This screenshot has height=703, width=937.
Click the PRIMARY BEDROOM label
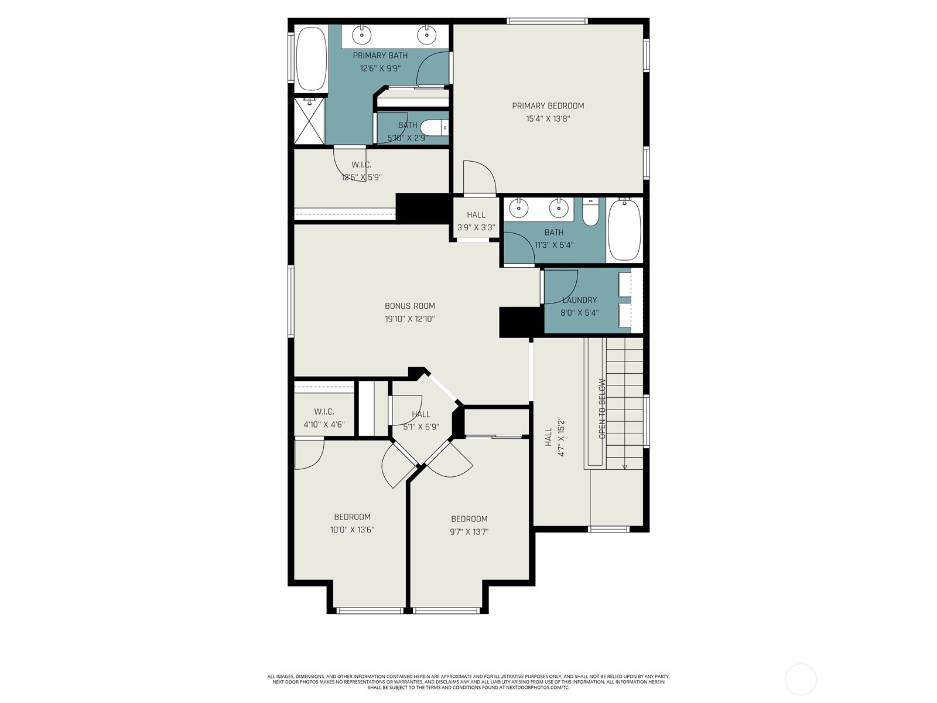(548, 106)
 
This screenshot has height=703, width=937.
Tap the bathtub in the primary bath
(312, 59)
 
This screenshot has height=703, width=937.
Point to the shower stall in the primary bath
(310, 121)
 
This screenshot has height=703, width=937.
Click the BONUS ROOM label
(410, 306)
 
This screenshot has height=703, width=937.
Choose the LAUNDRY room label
(580, 300)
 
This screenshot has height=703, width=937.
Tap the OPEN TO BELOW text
(603, 408)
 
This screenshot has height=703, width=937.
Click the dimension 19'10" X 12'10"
(410, 319)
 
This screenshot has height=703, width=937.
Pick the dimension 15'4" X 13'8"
(548, 119)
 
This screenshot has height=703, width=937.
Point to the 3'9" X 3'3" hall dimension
(476, 227)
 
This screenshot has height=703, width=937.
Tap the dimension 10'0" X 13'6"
(352, 530)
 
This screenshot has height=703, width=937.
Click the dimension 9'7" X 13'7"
(469, 532)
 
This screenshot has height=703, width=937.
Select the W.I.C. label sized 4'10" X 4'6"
(324, 412)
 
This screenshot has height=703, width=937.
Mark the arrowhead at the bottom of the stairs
(624, 467)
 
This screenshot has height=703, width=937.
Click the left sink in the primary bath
(362, 35)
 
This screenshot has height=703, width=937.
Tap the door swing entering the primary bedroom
(480, 178)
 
